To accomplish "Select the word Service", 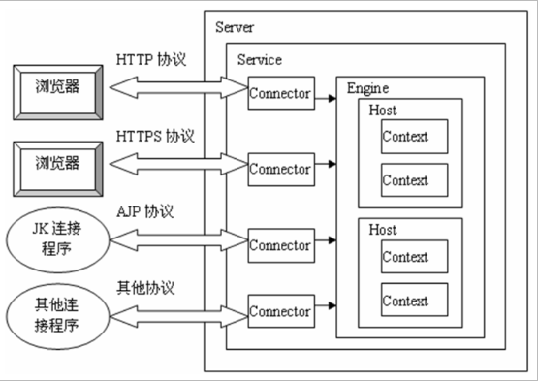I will tap(259, 60).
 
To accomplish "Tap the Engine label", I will tap(367, 89).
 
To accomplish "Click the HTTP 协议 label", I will tap(151, 60).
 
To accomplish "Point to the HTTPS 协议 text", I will tap(155, 135).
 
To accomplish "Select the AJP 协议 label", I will tap(145, 210).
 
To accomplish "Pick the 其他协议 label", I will tap(146, 287).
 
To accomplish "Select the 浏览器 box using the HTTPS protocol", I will tap(54, 162).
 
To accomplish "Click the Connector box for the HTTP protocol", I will tap(280, 93).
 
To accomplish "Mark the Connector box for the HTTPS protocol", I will tap(280, 169).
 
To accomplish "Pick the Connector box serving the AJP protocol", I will tap(280, 245).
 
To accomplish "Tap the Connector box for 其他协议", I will tap(280, 311).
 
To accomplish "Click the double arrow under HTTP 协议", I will tap(177, 89).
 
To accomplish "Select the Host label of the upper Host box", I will tap(383, 111).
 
